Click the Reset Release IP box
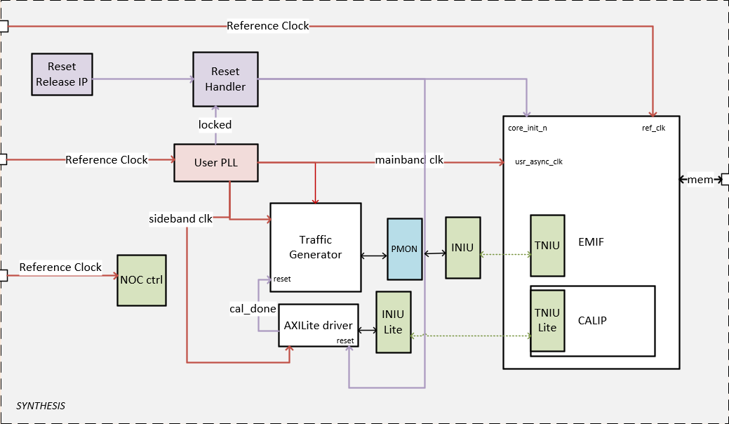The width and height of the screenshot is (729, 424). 62,74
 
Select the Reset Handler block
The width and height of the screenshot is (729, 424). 225,79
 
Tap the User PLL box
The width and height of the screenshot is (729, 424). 215,163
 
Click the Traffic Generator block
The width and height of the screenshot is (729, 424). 315,247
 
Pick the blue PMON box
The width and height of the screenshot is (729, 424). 405,249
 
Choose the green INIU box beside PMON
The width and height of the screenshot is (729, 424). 462,247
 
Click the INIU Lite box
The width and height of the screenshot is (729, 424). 393,322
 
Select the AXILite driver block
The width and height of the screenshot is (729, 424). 318,324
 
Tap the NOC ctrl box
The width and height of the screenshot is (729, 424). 141,280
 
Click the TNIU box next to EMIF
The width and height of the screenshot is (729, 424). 547,245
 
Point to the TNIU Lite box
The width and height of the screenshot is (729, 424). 547,320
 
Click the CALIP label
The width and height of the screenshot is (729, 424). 592,320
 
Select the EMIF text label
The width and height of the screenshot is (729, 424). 590,242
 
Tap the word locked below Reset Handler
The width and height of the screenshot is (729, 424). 215,124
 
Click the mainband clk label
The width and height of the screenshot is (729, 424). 409,159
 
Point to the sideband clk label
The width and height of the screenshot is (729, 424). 180,218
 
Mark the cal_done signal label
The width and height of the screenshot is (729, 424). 252,308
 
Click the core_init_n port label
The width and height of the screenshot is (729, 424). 527,128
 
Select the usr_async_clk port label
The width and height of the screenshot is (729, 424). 539,161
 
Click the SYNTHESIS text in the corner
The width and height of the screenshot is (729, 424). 41,406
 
